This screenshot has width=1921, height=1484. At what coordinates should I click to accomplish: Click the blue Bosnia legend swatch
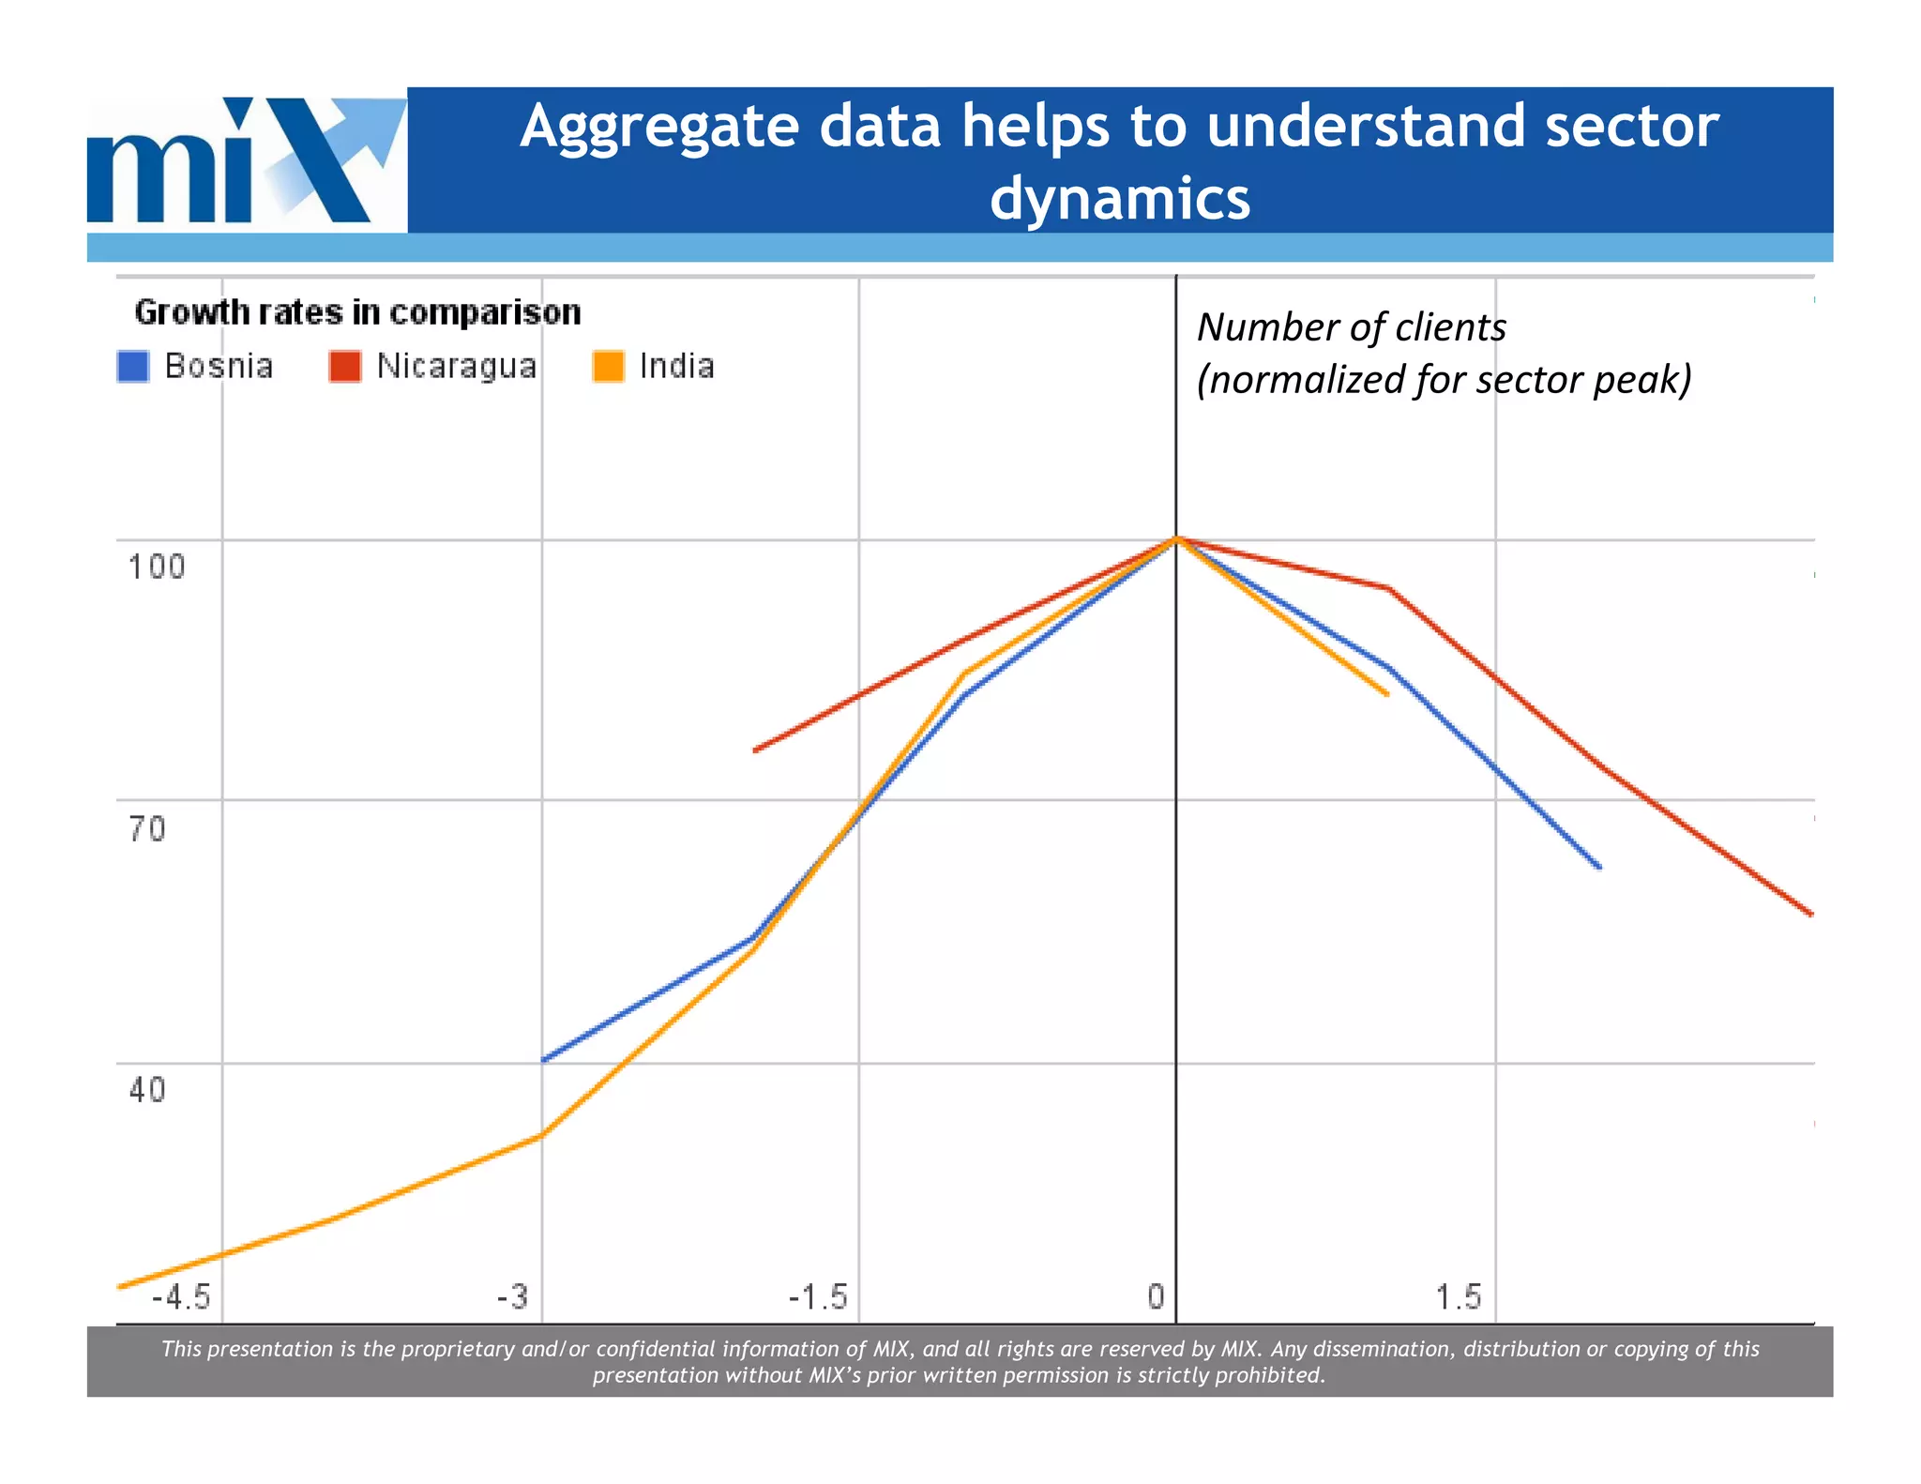click(133, 367)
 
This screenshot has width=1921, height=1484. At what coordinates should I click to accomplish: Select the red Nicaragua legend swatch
click(345, 367)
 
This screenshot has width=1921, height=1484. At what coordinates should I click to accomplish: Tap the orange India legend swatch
click(609, 367)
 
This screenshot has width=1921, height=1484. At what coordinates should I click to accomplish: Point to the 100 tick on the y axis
click(157, 567)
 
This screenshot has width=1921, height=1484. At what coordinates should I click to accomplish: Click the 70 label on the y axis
click(147, 829)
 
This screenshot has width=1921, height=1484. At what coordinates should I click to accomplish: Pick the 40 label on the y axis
click(147, 1090)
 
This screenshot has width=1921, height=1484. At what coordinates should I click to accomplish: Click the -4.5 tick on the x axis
click(181, 1297)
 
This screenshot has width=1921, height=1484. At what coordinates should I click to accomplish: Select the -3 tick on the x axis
click(513, 1297)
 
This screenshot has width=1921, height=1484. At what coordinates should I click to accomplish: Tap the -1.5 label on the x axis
click(818, 1297)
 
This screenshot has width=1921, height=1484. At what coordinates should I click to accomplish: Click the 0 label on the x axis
click(1156, 1297)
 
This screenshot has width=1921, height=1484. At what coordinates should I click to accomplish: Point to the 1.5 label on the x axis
click(1459, 1297)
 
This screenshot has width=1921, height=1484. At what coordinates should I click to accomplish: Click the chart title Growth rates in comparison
click(357, 312)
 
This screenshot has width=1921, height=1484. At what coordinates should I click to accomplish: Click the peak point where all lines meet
click(1176, 538)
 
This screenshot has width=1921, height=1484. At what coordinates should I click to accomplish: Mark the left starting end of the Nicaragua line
click(756, 750)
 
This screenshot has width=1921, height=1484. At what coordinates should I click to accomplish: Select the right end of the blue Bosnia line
click(1599, 867)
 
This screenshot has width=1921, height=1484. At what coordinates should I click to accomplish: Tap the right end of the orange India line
click(1386, 694)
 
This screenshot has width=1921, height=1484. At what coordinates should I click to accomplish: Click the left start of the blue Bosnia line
click(544, 1060)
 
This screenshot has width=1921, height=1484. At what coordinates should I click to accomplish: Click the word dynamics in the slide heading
click(1120, 200)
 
